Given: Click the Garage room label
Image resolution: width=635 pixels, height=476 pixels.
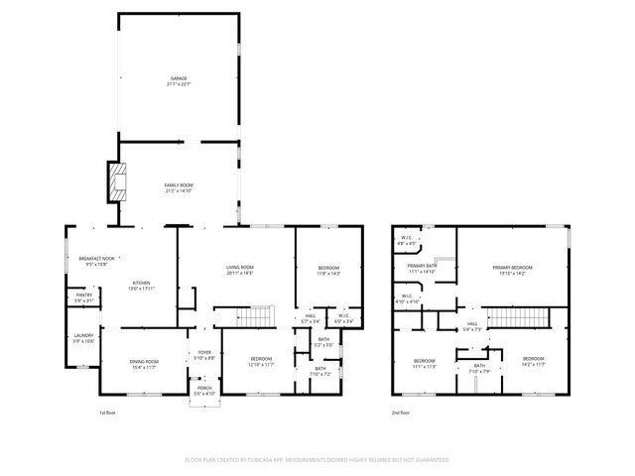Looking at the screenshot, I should [179, 78].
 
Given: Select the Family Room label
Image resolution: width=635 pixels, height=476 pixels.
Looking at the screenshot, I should [179, 185].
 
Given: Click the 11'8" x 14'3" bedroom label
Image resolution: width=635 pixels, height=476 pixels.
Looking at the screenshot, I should [328, 269].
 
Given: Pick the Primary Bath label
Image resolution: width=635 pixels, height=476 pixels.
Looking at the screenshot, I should [423, 267].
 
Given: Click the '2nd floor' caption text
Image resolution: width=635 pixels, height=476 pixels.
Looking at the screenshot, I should [401, 412].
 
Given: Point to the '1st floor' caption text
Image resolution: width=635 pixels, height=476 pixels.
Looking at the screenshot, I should [107, 412].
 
